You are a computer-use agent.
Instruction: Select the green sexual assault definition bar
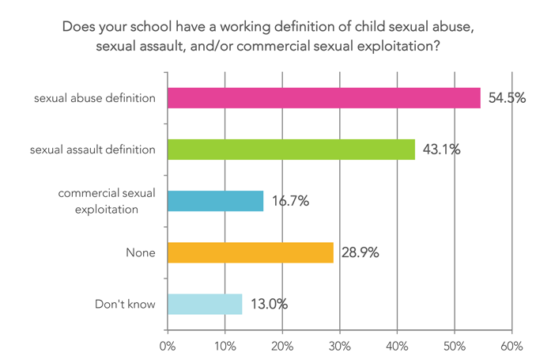[x=291, y=150]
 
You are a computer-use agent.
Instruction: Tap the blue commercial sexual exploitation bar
[x=215, y=201]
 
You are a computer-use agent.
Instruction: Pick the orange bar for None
[x=250, y=252]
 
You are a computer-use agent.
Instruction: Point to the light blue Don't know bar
[x=205, y=304]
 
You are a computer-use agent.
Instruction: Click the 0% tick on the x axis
[x=168, y=346]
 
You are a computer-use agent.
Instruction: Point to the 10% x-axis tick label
[x=225, y=346]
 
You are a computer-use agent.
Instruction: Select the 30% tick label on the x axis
[x=340, y=346]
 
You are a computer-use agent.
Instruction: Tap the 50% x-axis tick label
[x=455, y=346]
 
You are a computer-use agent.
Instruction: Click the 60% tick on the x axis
[x=511, y=346]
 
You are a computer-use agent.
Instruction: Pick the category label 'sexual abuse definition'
[x=94, y=98]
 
